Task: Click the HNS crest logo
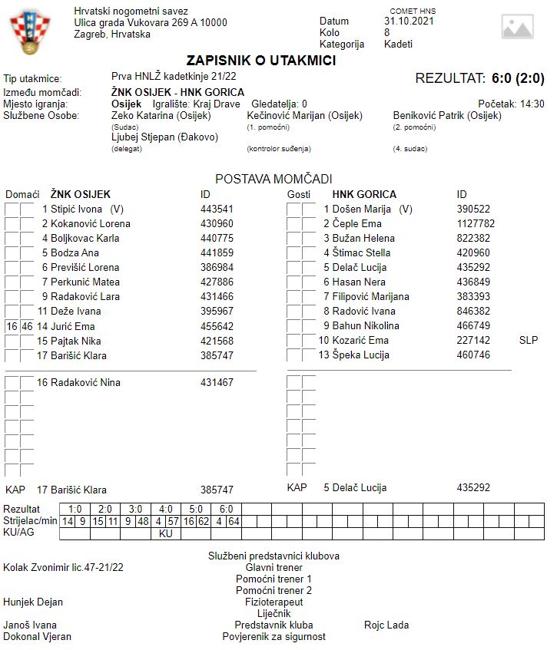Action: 28,34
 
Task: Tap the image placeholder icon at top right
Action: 517,27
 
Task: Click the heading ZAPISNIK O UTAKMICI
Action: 261,61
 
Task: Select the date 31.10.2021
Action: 409,21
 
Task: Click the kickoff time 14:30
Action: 532,104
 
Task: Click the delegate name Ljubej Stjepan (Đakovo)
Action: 164,137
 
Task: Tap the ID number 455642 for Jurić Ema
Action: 217,326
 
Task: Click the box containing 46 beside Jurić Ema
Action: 27,326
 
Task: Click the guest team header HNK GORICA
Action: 364,194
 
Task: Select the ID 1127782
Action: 476,224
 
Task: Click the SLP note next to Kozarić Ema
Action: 529,340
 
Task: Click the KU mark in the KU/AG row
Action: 166,533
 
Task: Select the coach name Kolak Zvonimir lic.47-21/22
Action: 63,567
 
